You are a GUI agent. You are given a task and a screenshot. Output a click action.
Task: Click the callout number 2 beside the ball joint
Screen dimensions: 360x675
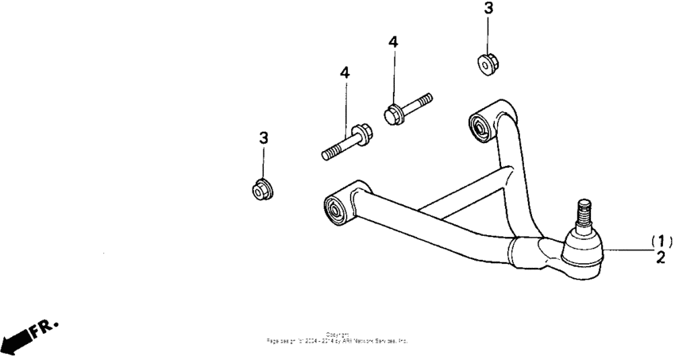click(x=661, y=257)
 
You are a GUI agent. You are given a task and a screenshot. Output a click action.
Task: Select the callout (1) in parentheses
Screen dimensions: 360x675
click(x=661, y=241)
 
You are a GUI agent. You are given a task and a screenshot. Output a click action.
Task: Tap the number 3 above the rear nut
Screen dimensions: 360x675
click(x=488, y=9)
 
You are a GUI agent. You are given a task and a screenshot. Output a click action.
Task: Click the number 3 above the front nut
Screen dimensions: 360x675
click(x=264, y=138)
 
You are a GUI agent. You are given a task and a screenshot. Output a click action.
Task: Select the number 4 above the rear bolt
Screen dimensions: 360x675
click(x=393, y=41)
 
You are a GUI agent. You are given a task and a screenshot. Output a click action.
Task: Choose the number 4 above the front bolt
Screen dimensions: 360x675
click(x=345, y=72)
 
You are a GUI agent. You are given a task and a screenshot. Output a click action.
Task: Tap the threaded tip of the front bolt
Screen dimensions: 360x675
click(x=328, y=153)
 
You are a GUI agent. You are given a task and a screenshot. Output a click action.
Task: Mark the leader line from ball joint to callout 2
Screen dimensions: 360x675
click(x=627, y=250)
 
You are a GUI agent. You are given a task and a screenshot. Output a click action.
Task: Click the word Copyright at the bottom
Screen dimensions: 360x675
click(x=337, y=335)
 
